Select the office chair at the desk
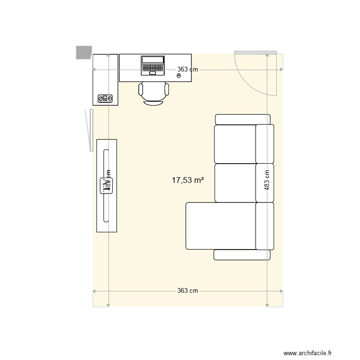pos(154,93)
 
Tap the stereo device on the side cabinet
pos(105,98)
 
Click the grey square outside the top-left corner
pos(84,52)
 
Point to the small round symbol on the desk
pos(179,76)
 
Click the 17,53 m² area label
pos(188,180)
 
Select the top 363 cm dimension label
pos(188,70)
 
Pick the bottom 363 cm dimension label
pos(188,291)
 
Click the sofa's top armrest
pos(243,119)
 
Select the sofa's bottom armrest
pos(242,255)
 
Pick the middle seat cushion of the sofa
pos(235,183)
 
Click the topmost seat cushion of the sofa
pos(235,144)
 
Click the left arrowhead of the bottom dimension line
pos(95,291)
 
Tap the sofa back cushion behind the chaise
pos(264,226)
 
